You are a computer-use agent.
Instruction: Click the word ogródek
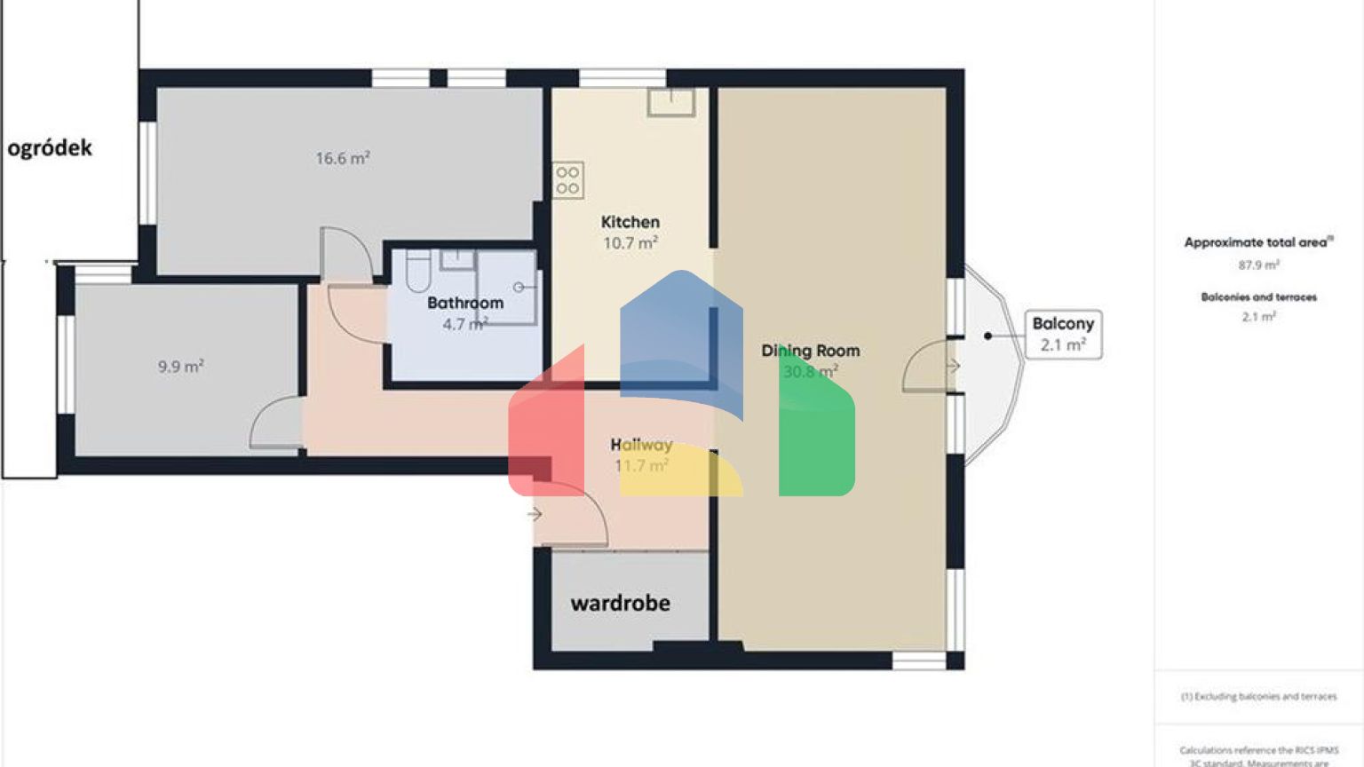(50, 147)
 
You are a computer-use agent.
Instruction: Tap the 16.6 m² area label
(343, 158)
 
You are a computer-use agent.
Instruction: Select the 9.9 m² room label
(181, 366)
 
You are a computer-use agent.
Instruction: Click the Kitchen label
(630, 222)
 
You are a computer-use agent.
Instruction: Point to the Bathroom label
(465, 303)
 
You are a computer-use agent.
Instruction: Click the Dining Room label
(810, 351)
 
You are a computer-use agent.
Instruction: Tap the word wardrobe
(620, 604)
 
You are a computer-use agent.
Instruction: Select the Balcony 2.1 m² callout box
(1063, 334)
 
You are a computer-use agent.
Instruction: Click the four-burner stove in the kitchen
(567, 180)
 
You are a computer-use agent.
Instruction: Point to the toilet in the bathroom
(418, 271)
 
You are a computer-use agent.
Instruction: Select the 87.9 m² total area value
(1258, 265)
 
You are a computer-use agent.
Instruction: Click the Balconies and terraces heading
(1258, 297)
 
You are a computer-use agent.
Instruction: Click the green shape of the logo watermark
(817, 435)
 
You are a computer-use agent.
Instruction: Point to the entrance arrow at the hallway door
(535, 514)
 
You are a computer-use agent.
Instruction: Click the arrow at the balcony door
(952, 366)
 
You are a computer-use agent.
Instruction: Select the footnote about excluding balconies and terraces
(1258, 697)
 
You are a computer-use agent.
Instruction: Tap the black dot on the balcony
(987, 336)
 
